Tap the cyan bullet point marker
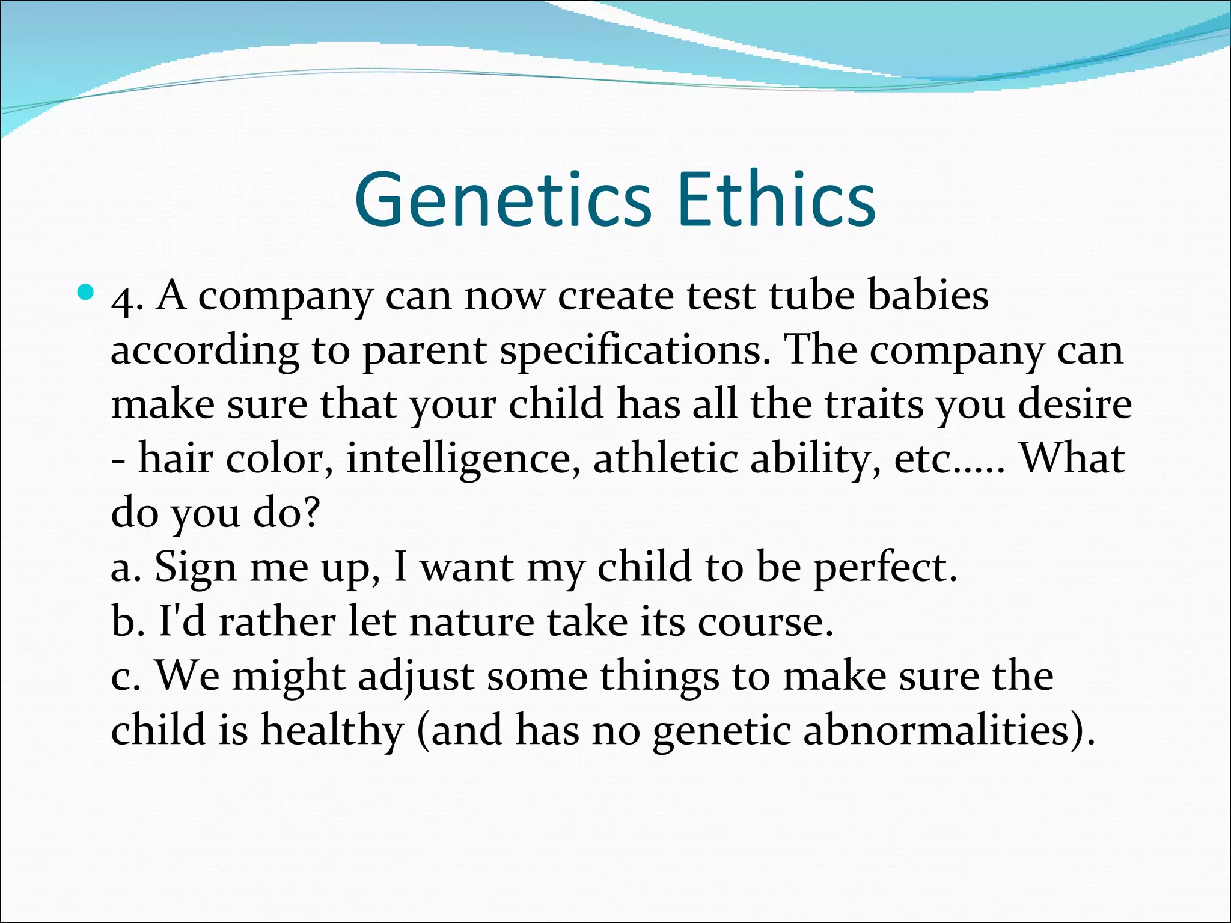[87, 293]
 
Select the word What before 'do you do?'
[1072, 458]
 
